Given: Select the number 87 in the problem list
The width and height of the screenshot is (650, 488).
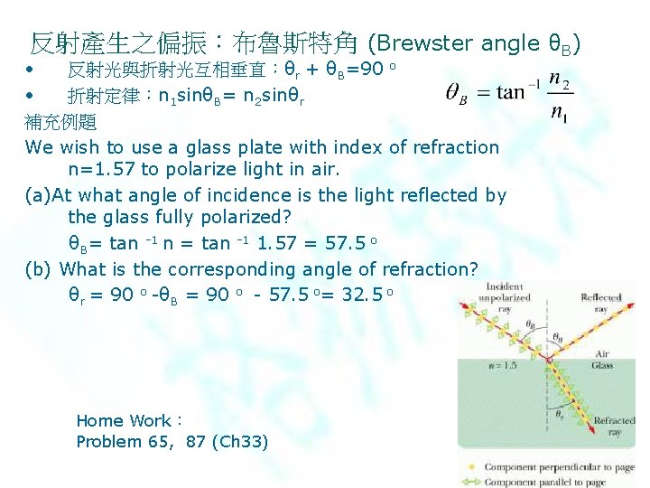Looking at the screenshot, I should [x=195, y=442].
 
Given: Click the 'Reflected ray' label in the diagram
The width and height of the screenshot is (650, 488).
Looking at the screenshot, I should [x=600, y=303].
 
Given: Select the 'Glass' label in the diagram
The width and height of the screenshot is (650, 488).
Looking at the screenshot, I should [x=602, y=365].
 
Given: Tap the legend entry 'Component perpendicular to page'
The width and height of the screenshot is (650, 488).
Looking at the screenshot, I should [x=560, y=467].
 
